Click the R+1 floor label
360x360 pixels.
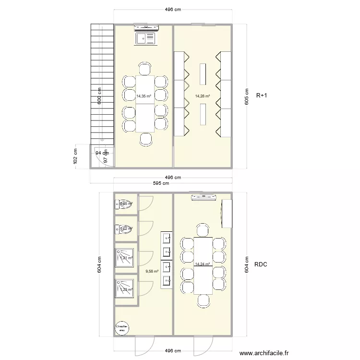[x=262, y=96]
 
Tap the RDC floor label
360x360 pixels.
[x=261, y=264]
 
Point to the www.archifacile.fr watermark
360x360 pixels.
[x=264, y=353]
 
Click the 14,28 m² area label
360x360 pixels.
[x=203, y=96]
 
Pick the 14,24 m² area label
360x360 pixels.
[x=203, y=264]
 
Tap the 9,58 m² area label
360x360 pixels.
[x=152, y=271]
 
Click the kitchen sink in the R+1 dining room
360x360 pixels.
[x=146, y=38]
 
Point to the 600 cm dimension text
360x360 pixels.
[x=99, y=96]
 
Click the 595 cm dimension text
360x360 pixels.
[x=161, y=183]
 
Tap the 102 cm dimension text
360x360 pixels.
[x=75, y=156]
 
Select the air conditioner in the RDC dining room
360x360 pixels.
[x=204, y=197]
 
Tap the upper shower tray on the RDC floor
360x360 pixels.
[x=125, y=257]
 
